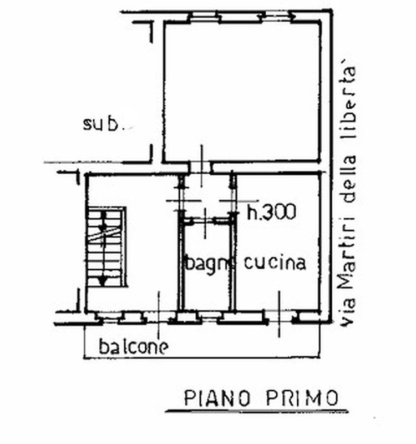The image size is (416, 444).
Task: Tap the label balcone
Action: coord(134,347)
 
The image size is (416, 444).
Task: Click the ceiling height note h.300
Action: coord(271,211)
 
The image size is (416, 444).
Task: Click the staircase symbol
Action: coord(105,246)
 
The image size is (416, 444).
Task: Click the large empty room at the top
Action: coord(242,92)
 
